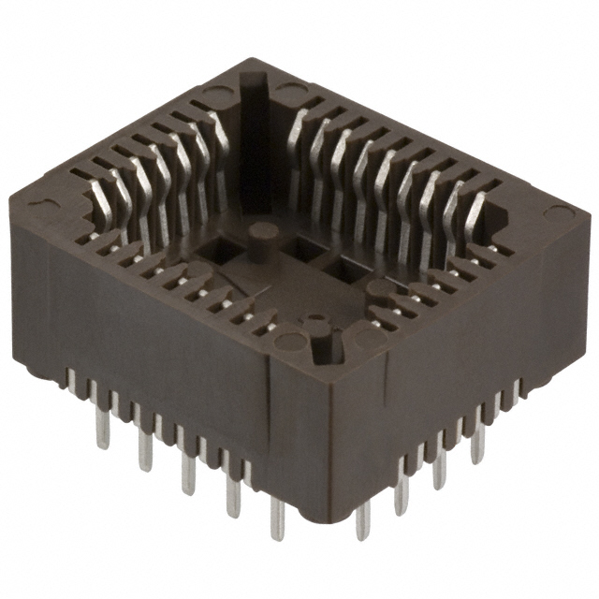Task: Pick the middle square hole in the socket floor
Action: tap(305, 249)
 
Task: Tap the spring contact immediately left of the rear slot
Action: tap(221, 140)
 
